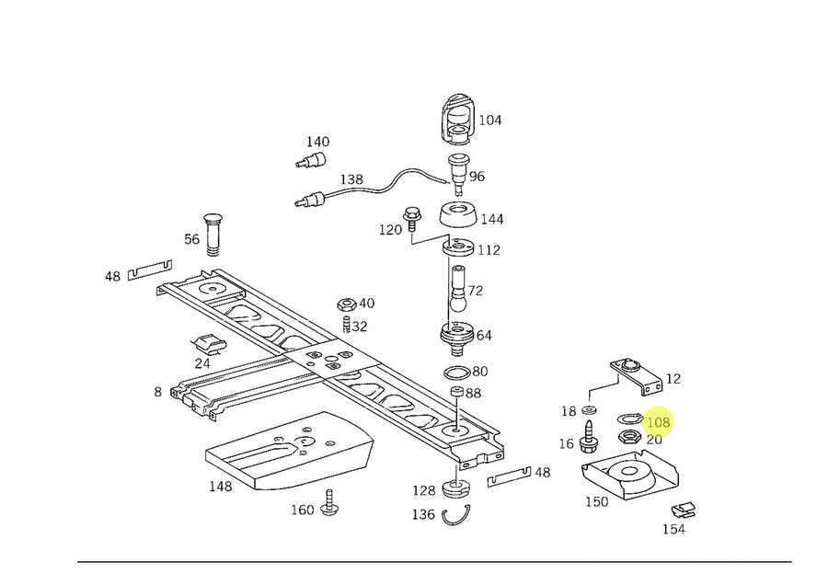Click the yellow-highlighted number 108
[658, 422]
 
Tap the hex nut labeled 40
[345, 304]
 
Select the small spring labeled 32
[347, 325]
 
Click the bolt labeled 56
[213, 235]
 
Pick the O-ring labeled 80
[456, 373]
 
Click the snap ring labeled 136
[456, 516]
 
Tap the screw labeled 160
[331, 501]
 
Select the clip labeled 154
[684, 510]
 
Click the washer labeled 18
[588, 409]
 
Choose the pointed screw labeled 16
[588, 437]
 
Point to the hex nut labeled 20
[629, 437]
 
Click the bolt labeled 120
[411, 220]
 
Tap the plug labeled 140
[312, 159]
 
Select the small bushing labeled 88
[456, 393]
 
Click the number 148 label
[220, 486]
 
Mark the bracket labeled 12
[637, 375]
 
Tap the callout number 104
[490, 120]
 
